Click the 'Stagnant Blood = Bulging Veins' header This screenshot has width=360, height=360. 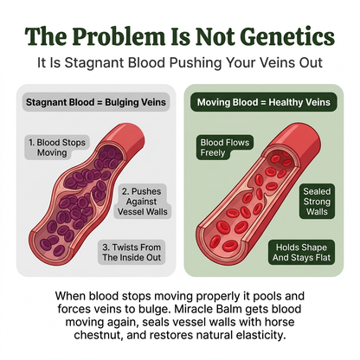(96, 102)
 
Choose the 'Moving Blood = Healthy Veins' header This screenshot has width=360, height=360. (263, 102)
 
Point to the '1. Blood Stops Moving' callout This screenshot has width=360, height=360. (57, 147)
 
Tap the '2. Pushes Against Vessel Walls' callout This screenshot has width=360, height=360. (143, 202)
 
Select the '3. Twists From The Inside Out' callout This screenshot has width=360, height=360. (132, 253)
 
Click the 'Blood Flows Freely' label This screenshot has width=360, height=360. (225, 147)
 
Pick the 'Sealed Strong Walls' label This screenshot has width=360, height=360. (317, 202)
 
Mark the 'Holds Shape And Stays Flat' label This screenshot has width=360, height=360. (301, 253)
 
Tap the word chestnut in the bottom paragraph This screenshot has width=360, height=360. (98, 335)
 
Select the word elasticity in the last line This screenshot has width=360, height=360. (260, 335)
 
